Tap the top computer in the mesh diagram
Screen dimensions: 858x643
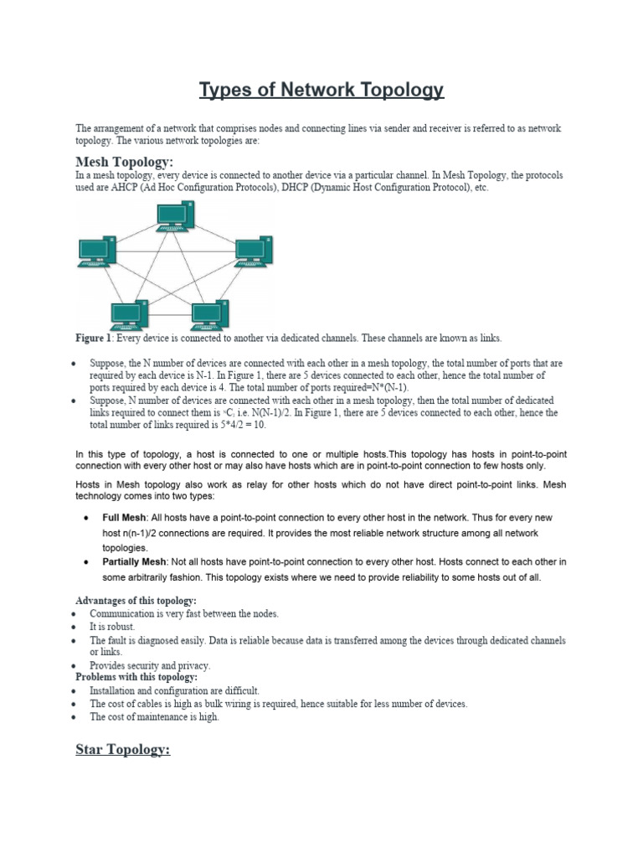(176, 217)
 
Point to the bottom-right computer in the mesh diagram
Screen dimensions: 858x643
(209, 316)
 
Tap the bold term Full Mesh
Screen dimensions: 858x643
(125, 518)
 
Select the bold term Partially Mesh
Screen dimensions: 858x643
(135, 561)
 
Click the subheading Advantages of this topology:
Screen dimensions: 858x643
(136, 601)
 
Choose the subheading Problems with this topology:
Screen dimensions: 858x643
(136, 677)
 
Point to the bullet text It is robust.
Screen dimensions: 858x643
(112, 627)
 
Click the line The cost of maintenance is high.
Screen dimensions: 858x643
(154, 717)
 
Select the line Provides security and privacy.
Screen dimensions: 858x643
(150, 665)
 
